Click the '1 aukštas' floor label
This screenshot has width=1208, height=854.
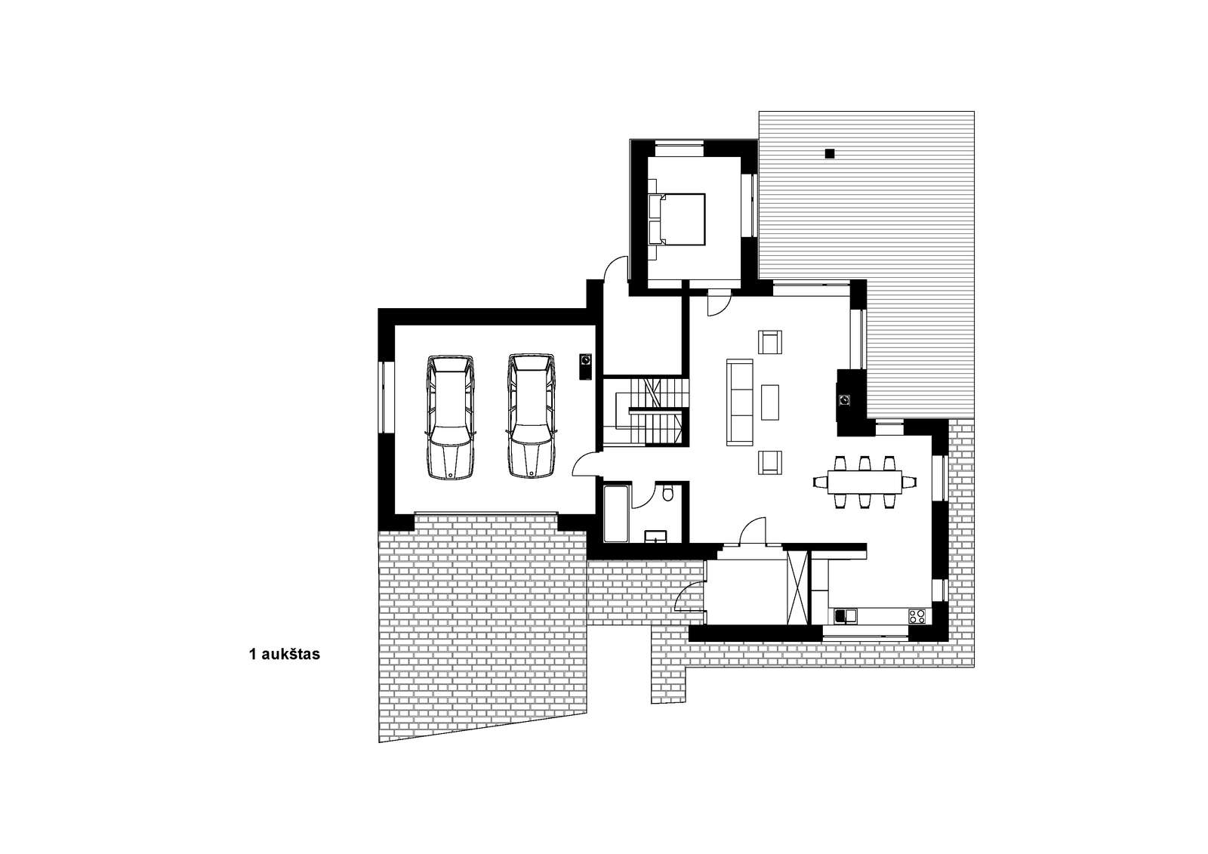284,655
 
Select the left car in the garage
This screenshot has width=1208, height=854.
450,417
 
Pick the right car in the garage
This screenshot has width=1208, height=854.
532,416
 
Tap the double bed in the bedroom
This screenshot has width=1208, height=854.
676,220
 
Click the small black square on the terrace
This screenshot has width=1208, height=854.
830,153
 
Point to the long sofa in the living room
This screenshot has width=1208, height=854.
740,402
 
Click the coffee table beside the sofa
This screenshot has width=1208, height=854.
769,402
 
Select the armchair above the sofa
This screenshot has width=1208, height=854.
770,342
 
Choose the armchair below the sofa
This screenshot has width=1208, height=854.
770,463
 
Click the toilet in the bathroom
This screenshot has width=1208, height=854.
667,493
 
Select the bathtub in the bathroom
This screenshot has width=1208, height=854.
616,514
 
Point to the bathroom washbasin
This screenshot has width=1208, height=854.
656,536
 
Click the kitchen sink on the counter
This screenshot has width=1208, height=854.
845,616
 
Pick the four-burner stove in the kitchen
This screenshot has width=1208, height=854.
917,616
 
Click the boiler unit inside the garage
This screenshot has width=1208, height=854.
586,367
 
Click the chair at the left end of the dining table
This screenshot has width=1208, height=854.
820,482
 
